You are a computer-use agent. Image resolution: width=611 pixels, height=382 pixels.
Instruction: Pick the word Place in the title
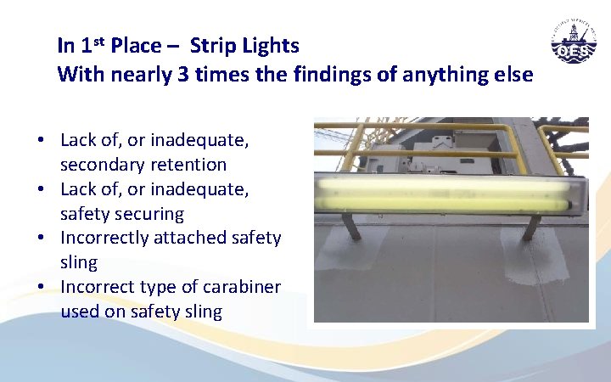[136, 44]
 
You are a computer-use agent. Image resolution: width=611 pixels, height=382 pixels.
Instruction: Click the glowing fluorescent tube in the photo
[450, 191]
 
